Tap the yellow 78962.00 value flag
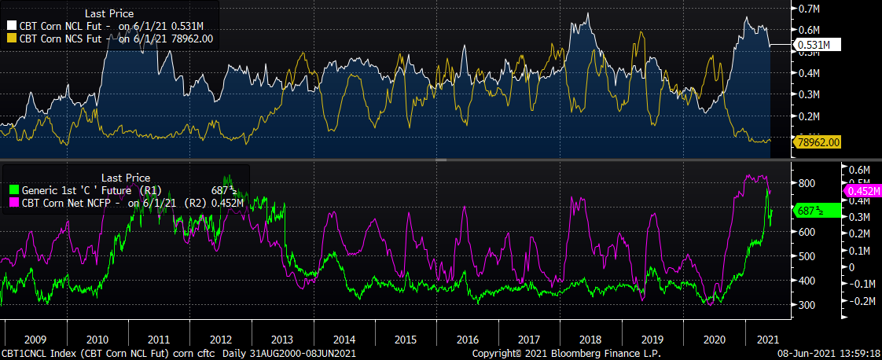[x=818, y=142]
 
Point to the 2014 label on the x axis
[x=343, y=340]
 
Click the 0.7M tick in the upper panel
[x=810, y=9]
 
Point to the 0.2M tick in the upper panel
[x=810, y=116]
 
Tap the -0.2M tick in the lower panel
[x=858, y=300]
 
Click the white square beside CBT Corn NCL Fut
[x=11, y=25]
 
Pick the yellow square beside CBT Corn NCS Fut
[x=11, y=38]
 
